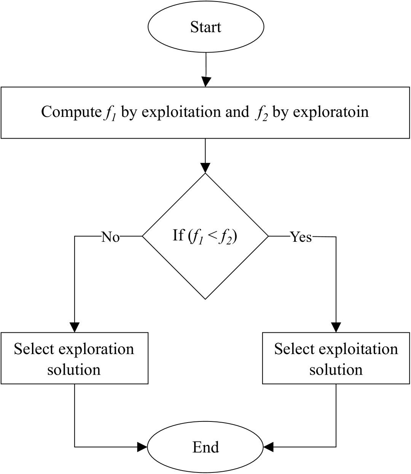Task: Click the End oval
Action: pyautogui.click(x=205, y=447)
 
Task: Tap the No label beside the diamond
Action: pyautogui.click(x=110, y=237)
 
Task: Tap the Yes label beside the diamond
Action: pyautogui.click(x=301, y=237)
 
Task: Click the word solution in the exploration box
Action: pyautogui.click(x=74, y=370)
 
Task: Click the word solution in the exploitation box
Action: pyautogui.click(x=336, y=370)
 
